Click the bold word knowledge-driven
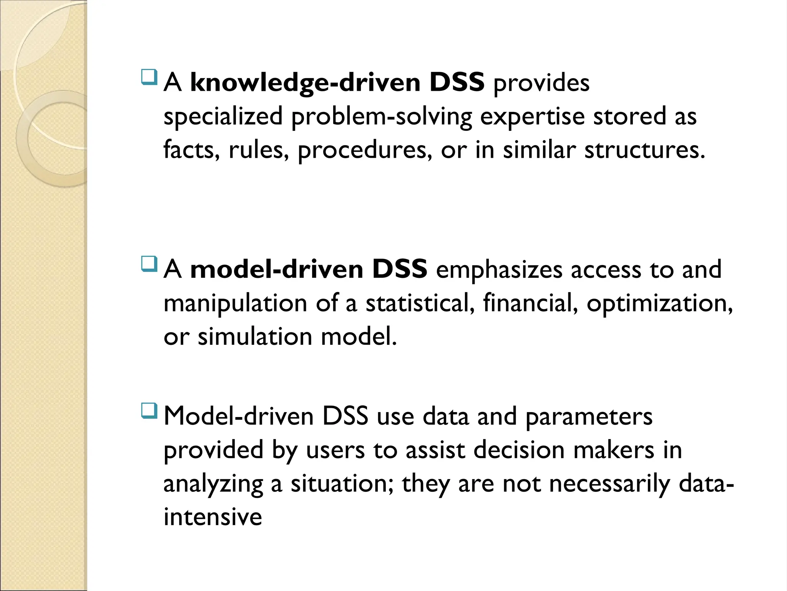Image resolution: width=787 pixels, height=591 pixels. [x=306, y=83]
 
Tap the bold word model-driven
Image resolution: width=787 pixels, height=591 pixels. [x=277, y=269]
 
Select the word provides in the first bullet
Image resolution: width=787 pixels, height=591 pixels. [x=541, y=83]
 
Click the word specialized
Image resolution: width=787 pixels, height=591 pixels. [x=223, y=117]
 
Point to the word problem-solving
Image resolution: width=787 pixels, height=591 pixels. [x=382, y=117]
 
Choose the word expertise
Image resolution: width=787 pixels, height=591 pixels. [x=532, y=117]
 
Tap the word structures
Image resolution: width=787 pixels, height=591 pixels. [x=644, y=150]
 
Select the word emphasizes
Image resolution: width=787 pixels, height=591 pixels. [x=499, y=269]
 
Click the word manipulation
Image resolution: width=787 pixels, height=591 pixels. [x=235, y=303]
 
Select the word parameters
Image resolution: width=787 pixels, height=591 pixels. [x=589, y=417]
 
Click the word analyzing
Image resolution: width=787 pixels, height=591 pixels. [x=213, y=484]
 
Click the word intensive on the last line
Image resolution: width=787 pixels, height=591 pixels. [x=213, y=517]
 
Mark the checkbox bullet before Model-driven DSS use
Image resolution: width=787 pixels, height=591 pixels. [x=149, y=411]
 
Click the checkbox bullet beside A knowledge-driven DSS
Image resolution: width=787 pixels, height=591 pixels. [x=149, y=77]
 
